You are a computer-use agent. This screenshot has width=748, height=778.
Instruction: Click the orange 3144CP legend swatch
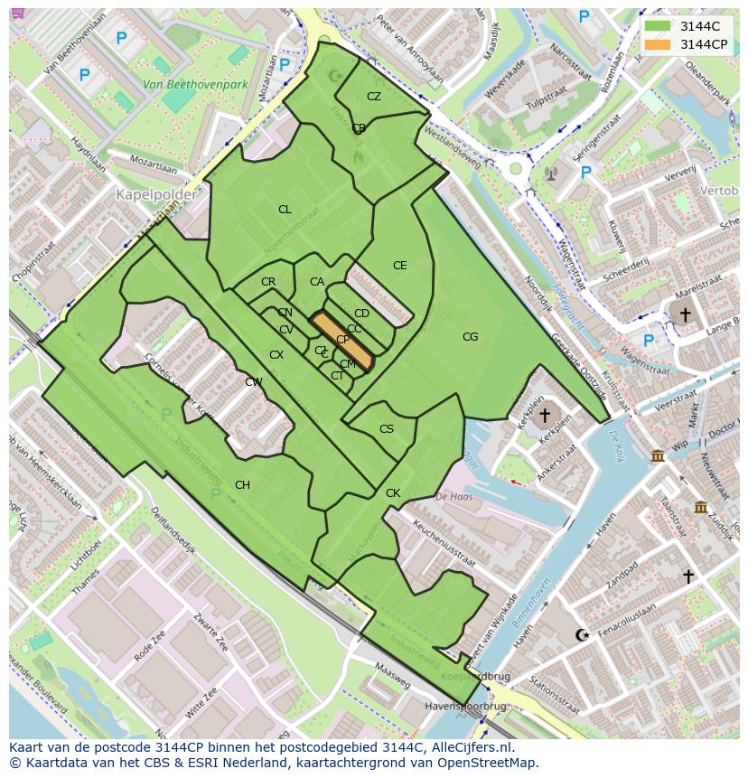click(659, 44)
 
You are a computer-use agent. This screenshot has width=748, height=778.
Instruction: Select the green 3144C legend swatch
click(659, 26)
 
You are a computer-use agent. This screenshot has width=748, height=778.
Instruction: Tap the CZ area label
click(374, 97)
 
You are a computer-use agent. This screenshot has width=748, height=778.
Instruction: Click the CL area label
click(285, 210)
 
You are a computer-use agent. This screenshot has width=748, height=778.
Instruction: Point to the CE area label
click(399, 266)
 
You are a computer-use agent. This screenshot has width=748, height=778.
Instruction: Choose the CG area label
click(470, 337)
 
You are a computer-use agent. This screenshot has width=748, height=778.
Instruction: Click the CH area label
click(242, 485)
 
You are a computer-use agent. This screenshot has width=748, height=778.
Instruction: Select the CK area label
click(392, 493)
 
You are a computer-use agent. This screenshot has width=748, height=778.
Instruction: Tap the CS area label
click(387, 430)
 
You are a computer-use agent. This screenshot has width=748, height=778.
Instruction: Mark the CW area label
click(254, 382)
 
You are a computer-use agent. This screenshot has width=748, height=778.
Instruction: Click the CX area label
click(276, 355)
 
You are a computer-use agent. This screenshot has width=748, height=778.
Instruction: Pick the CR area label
click(268, 282)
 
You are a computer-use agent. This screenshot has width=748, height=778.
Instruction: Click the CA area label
click(316, 282)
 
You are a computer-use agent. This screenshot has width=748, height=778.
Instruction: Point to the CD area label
click(361, 314)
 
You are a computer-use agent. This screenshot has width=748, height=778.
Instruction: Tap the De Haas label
click(454, 496)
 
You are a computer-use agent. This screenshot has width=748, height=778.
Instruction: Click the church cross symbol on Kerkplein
click(544, 417)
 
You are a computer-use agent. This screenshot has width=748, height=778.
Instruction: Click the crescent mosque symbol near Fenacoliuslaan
click(582, 635)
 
